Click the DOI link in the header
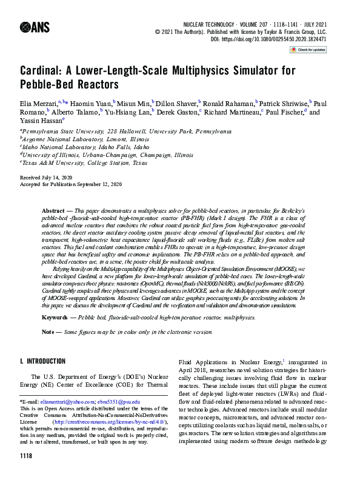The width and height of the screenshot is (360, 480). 277,39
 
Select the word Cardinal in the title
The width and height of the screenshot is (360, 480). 44,70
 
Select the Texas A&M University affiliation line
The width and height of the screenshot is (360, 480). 85,163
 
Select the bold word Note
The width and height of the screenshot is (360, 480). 48,332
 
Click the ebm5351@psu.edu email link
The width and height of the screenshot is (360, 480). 120,401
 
